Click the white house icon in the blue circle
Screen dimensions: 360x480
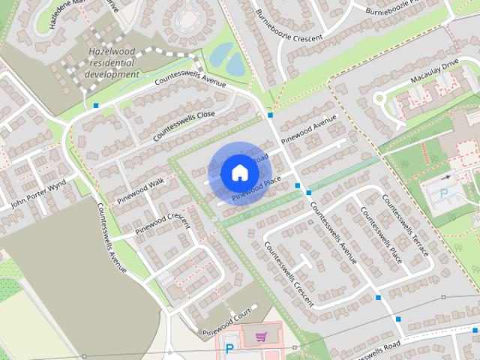tap(239, 172)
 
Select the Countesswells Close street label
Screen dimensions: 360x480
tap(184, 125)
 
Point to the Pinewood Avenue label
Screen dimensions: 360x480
tap(310, 130)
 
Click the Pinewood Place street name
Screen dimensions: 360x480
tap(256, 188)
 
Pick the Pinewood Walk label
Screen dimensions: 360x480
tap(140, 192)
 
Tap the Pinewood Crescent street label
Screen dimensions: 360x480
tap(164, 223)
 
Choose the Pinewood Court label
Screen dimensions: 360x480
tap(224, 320)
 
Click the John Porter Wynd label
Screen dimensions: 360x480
tap(39, 199)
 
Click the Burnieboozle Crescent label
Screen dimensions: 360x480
tap(289, 27)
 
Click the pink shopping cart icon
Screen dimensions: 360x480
tap(261, 337)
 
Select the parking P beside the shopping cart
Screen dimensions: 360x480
tap(230, 347)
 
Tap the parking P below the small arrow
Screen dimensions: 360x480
tap(444, 193)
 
